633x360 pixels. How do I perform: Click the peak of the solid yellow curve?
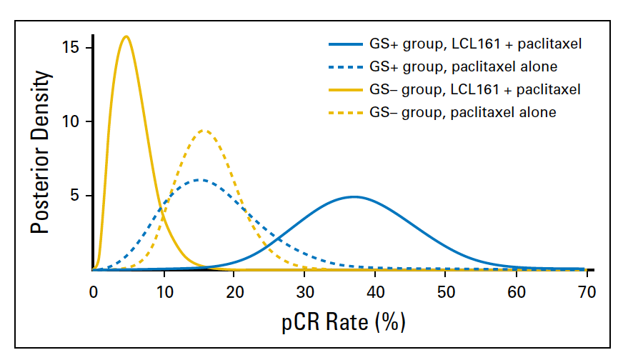126,36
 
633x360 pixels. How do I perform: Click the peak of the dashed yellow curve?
204,130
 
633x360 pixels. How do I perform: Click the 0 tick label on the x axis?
93,291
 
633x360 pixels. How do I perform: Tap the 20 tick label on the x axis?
234,291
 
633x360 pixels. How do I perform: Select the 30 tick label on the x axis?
305,291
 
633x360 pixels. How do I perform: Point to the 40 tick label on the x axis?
375,291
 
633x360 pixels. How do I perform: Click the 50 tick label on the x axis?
446,291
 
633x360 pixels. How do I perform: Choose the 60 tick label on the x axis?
517,291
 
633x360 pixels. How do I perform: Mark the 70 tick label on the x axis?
587,291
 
